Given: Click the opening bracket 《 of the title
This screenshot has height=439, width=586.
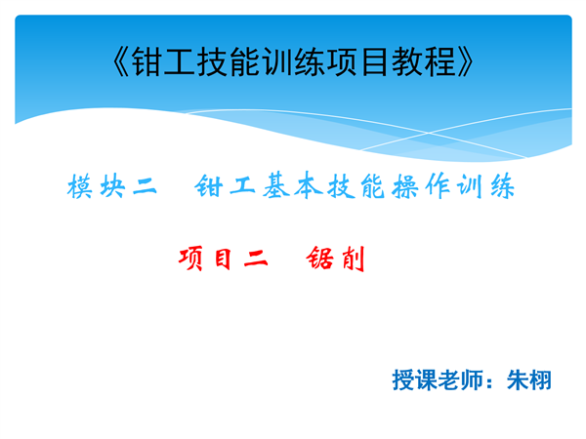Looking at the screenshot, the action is pyautogui.click(x=121, y=62).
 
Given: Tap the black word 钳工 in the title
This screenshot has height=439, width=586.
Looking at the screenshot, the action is pyautogui.click(x=164, y=62).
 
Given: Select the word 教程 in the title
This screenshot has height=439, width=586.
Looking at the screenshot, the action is pyautogui.click(x=424, y=62).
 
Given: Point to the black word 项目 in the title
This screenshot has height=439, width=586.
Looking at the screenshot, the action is pyautogui.click(x=358, y=62).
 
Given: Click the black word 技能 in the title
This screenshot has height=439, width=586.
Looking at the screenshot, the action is pyautogui.click(x=229, y=62).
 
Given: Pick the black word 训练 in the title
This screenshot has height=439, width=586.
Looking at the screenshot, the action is pyautogui.click(x=294, y=62).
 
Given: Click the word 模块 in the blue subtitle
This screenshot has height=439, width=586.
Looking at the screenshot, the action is pyautogui.click(x=96, y=186).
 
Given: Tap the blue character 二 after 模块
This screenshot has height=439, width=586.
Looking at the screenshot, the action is pyautogui.click(x=145, y=186).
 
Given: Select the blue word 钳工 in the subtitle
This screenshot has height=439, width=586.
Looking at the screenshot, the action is pyautogui.click(x=225, y=186).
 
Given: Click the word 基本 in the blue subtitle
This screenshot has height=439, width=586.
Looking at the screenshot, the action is pyautogui.click(x=293, y=185).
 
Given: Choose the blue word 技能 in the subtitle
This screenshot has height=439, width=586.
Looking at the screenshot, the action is pyautogui.click(x=356, y=186).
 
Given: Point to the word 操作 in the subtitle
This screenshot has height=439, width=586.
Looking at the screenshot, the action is pyautogui.click(x=421, y=186).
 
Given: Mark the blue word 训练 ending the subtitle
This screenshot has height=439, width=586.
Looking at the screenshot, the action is pyautogui.click(x=485, y=186).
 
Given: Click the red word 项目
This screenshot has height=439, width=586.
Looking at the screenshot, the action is pyautogui.click(x=204, y=259).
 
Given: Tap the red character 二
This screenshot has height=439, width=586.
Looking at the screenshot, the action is pyautogui.click(x=256, y=259).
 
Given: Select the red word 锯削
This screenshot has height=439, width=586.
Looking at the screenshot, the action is pyautogui.click(x=335, y=259).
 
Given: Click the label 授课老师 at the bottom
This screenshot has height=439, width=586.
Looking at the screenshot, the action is pyautogui.click(x=438, y=380).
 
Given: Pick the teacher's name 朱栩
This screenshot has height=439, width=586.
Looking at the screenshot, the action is pyautogui.click(x=528, y=380).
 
